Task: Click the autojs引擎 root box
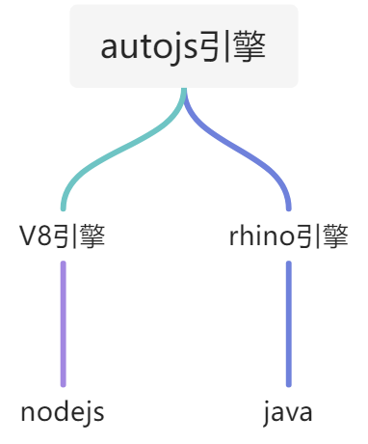(x=183, y=46)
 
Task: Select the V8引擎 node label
(x=64, y=236)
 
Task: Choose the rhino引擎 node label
(x=288, y=236)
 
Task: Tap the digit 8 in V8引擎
(x=46, y=237)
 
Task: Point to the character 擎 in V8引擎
(x=92, y=236)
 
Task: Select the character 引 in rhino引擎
(x=310, y=236)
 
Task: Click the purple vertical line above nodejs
(x=64, y=323)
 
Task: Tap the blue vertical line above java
(x=288, y=323)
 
